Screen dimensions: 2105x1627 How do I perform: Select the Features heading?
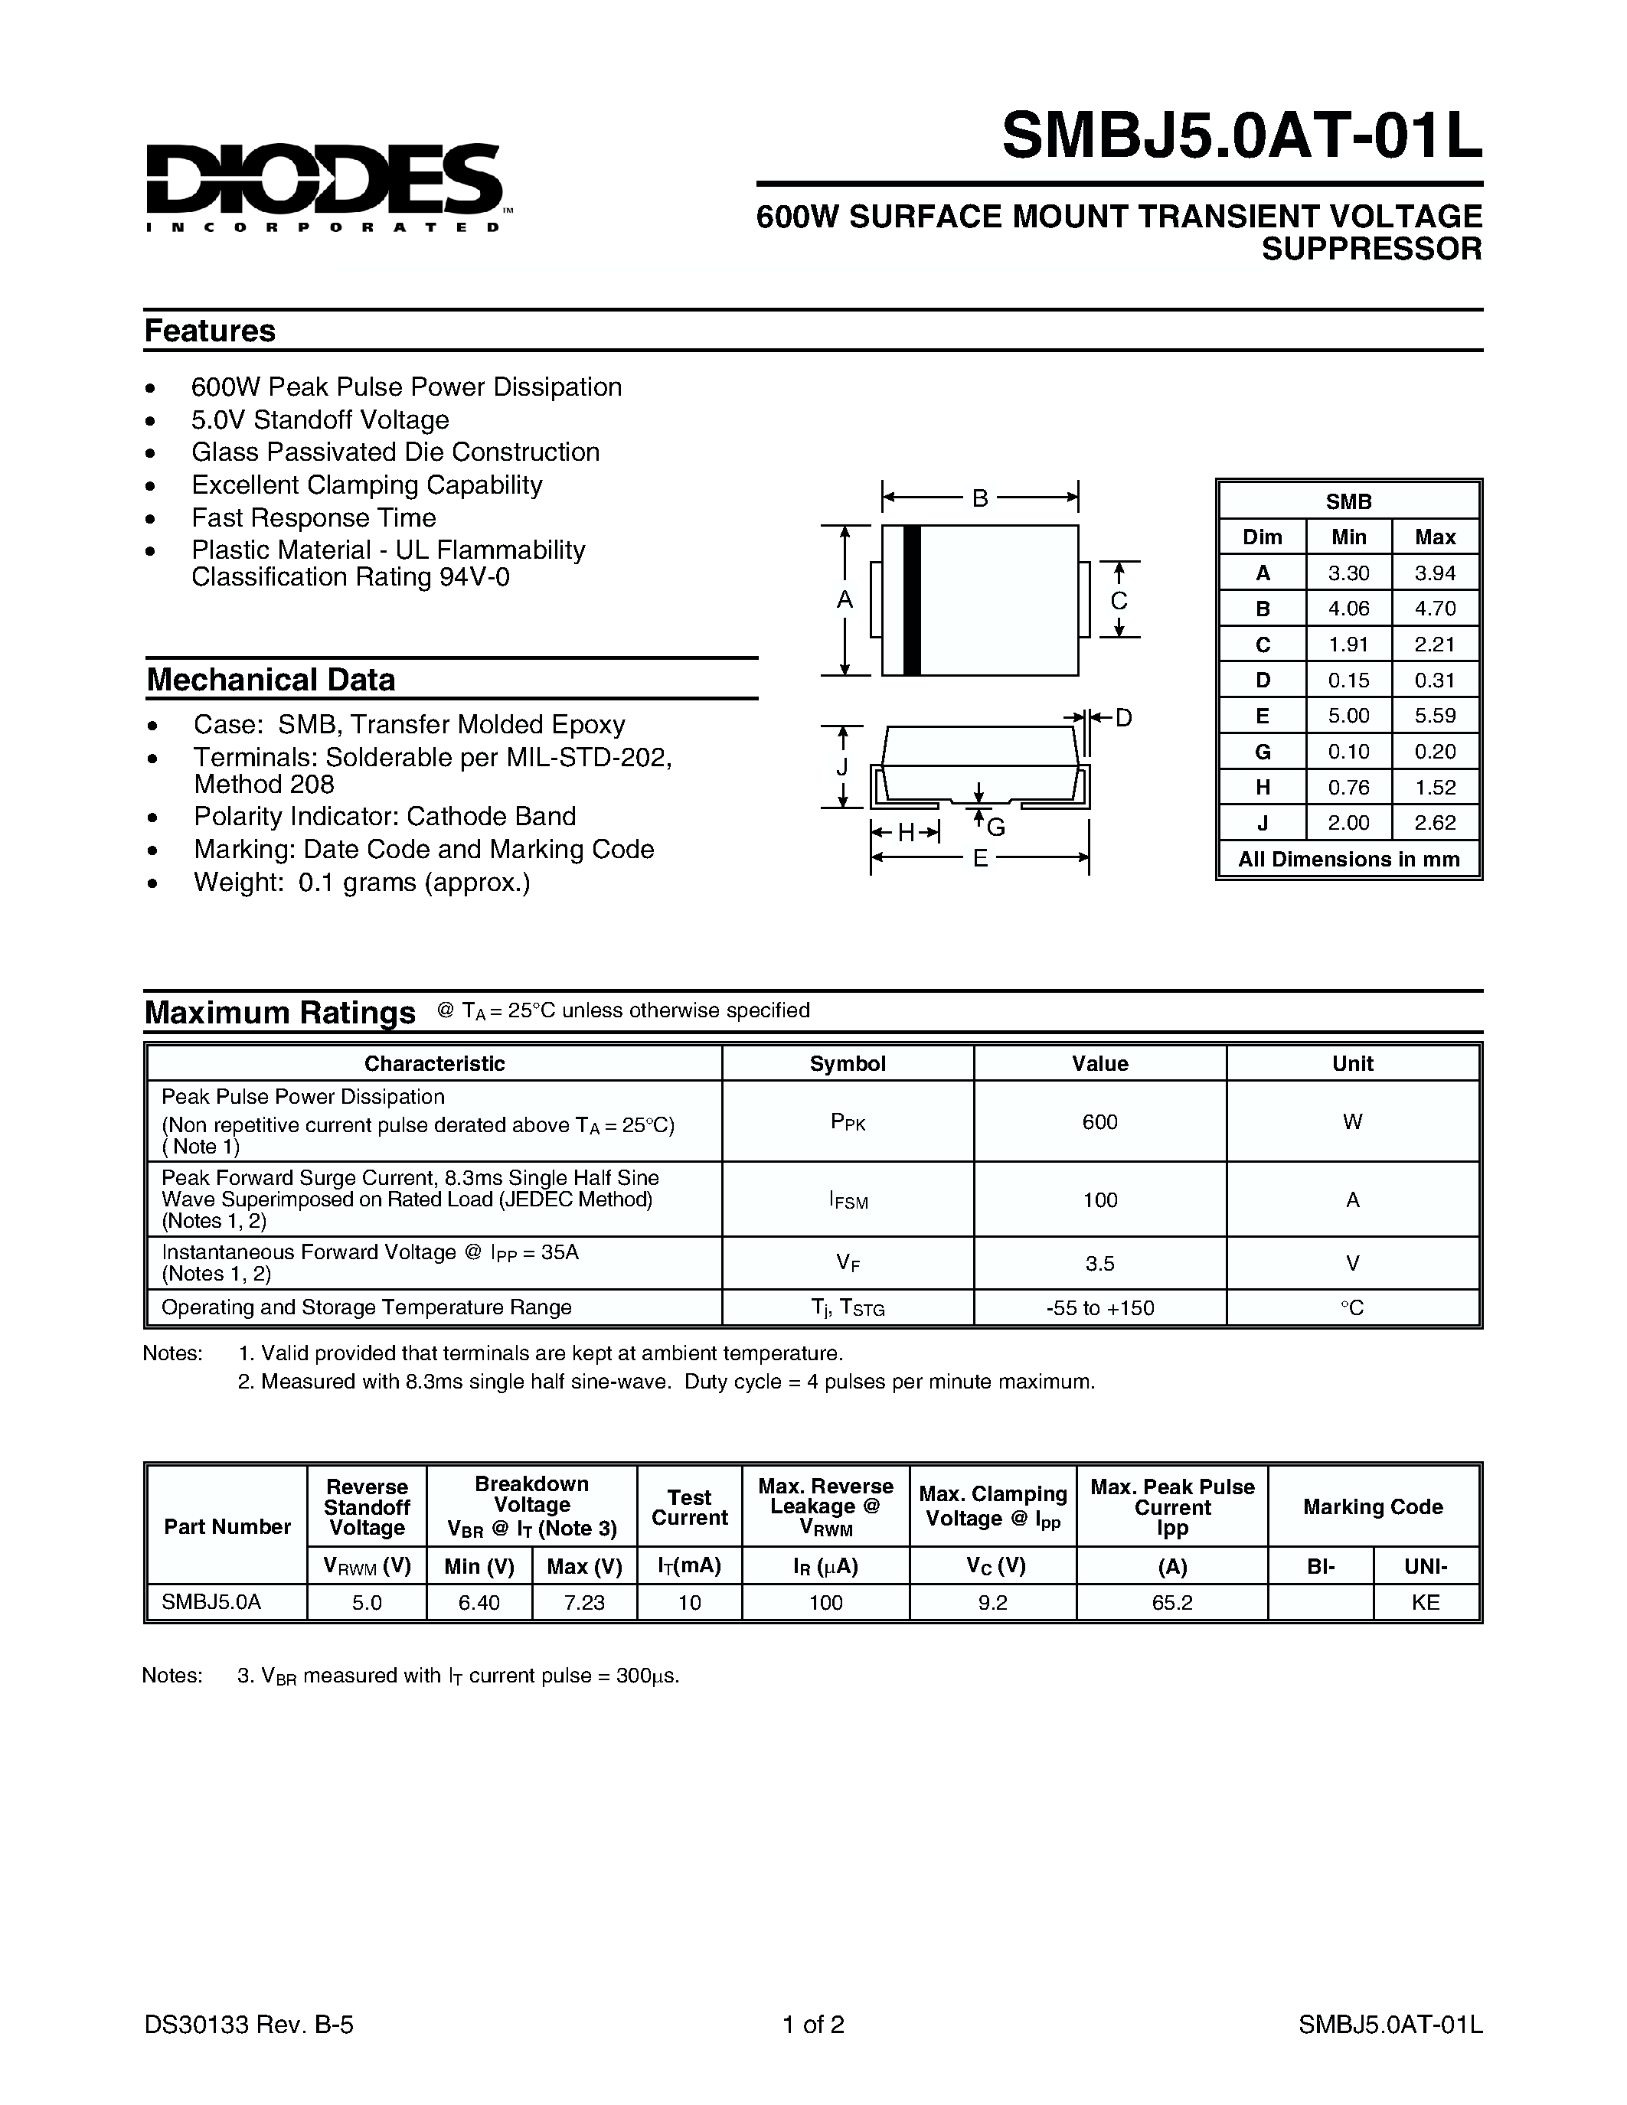[209, 331]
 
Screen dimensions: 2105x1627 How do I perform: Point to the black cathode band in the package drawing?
[912, 599]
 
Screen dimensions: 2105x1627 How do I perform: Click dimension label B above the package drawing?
[979, 498]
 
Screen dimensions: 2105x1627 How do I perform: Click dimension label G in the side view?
[997, 826]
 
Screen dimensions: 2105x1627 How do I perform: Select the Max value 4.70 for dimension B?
[1434, 609]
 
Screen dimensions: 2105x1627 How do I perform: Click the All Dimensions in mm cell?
[1348, 858]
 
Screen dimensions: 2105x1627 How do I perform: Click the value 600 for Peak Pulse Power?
[1099, 1121]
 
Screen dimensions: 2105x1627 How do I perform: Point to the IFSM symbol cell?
[848, 1200]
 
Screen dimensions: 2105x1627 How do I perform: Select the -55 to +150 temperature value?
[1099, 1308]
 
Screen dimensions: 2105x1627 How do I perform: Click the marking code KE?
[1425, 1602]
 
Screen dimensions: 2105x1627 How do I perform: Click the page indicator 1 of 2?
[813, 2024]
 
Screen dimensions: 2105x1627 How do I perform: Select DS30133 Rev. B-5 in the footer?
[249, 2024]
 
